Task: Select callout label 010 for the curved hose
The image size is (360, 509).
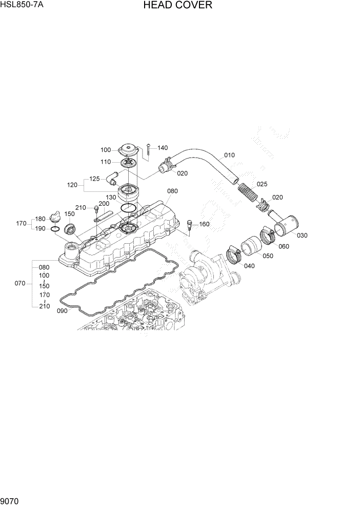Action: tap(229, 155)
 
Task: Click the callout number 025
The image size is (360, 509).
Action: tap(262, 184)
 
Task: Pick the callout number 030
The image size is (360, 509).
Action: tap(302, 236)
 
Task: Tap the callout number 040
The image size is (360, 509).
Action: tap(249, 266)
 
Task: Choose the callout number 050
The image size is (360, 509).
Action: tap(268, 256)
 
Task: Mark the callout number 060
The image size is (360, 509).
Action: tap(284, 246)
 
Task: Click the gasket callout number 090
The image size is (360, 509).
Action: tap(62, 310)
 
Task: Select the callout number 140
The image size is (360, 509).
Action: tap(163, 148)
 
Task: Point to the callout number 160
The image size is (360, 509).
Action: tap(204, 224)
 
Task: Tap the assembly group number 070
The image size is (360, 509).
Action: tap(20, 283)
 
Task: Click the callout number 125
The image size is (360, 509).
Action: tap(94, 179)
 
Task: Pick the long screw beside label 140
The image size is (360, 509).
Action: tap(148, 149)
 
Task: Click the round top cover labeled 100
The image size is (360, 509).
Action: tap(127, 151)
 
